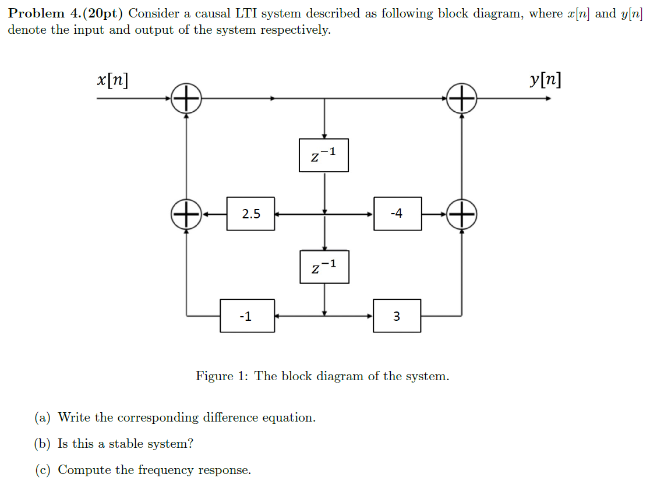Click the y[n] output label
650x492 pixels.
pyautogui.click(x=546, y=80)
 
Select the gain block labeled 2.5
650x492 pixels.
pyautogui.click(x=250, y=214)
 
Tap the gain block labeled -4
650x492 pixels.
pyautogui.click(x=397, y=214)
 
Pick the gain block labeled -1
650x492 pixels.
pyautogui.click(x=247, y=316)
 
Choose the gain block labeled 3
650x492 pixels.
pyautogui.click(x=397, y=316)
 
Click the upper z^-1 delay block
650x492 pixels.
pyautogui.click(x=324, y=155)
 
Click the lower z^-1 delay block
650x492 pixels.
pyautogui.click(x=324, y=267)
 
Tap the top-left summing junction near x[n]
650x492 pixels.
pyautogui.click(x=186, y=98)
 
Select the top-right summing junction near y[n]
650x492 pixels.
pyautogui.click(x=462, y=98)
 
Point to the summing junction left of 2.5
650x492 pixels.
pyautogui.click(x=186, y=214)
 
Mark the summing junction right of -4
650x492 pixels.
pyautogui.click(x=462, y=214)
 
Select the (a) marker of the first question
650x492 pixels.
pyautogui.click(x=43, y=417)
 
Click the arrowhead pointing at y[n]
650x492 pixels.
pyautogui.click(x=547, y=98)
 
